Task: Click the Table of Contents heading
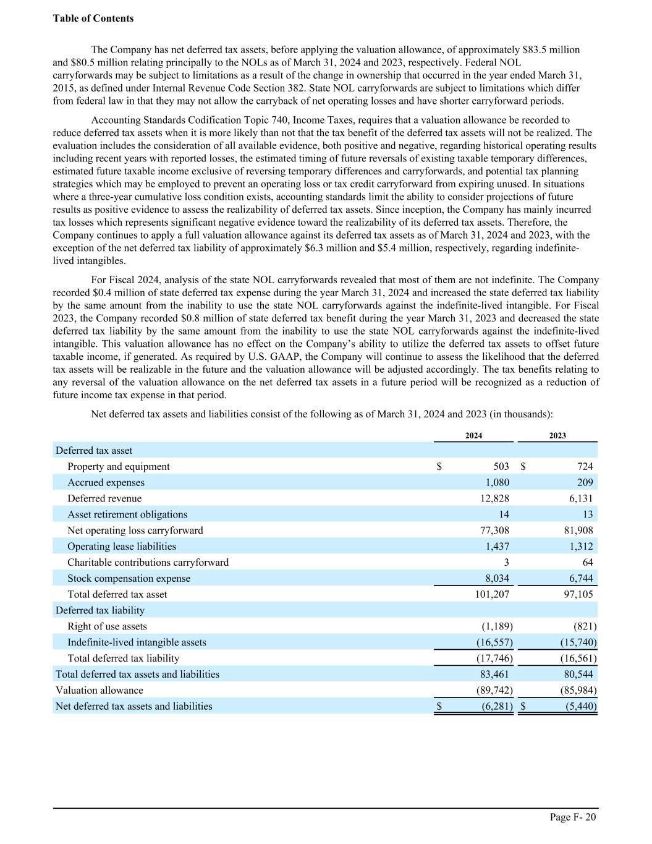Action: coord(93,19)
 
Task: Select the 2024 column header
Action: coord(473,435)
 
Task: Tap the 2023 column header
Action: coord(557,435)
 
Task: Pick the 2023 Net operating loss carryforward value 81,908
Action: coord(578,531)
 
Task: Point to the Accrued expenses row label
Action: coord(106,482)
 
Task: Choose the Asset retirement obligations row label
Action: coord(127,514)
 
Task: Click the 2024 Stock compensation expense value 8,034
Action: coord(497,579)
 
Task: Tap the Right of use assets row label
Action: coord(107,627)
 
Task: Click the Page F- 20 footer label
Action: coord(573,817)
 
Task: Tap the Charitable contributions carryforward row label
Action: coord(148,563)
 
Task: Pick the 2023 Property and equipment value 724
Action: coord(585,466)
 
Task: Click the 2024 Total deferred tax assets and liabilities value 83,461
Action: coord(494,675)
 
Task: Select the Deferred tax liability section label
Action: coord(100,611)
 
